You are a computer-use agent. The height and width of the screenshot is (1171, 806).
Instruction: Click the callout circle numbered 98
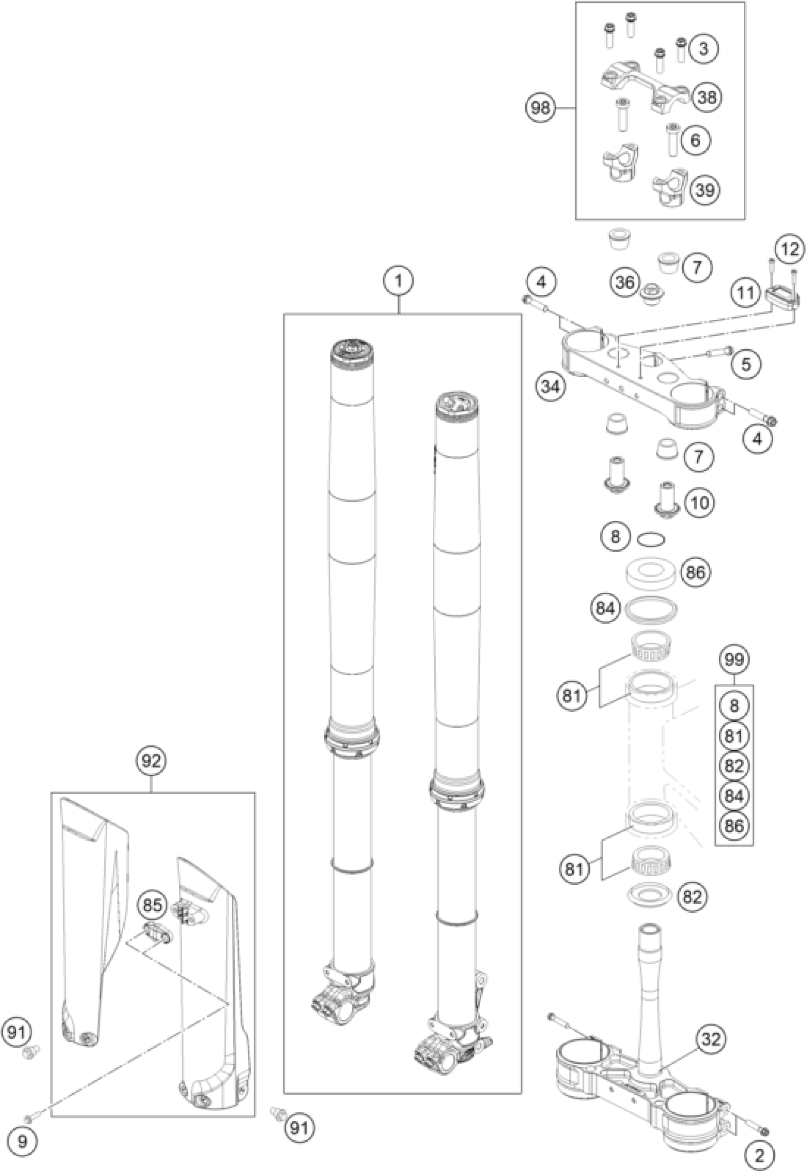point(540,108)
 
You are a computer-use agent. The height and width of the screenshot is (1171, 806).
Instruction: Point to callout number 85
point(152,906)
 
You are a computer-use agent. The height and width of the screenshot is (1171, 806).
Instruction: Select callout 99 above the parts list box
point(734,659)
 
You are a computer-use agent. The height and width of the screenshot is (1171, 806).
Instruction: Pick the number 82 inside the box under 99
point(734,766)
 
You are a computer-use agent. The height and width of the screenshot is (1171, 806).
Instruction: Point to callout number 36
point(625,282)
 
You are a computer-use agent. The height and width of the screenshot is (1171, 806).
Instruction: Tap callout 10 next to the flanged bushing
point(699,502)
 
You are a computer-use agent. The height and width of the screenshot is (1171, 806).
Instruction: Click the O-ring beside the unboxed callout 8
point(651,540)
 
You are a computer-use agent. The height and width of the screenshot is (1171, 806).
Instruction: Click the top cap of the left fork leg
point(352,349)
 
